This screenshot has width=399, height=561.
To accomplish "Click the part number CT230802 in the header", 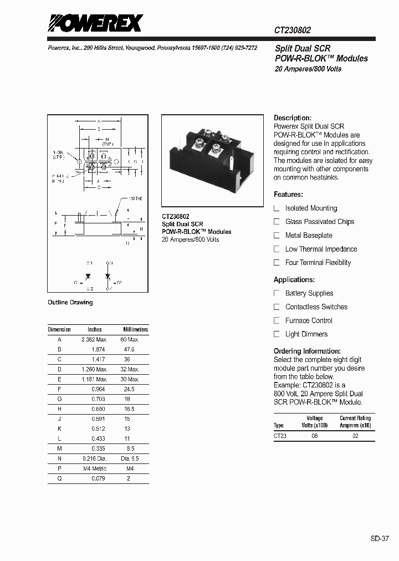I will pyautogui.click(x=296, y=32).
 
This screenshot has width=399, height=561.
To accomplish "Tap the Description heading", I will pyautogui.click(x=293, y=118).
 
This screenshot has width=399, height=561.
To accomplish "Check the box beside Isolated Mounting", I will pyautogui.click(x=277, y=208).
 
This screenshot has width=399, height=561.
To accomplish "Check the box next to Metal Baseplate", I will pyautogui.click(x=277, y=235).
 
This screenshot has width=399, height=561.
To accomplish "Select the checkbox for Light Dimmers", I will pyautogui.click(x=277, y=334).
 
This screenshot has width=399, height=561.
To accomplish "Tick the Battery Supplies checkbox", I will pyautogui.click(x=277, y=293).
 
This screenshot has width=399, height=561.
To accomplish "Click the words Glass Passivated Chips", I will pyautogui.click(x=320, y=222).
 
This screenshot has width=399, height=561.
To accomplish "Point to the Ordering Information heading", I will pyautogui.click(x=307, y=351).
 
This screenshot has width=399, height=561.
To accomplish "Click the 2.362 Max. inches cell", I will pyautogui.click(x=94, y=339).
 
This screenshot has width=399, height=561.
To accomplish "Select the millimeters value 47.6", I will pyautogui.click(x=129, y=350).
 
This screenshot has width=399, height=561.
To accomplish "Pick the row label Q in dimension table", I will pyautogui.click(x=59, y=478).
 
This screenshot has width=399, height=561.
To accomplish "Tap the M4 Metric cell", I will pyautogui.click(x=95, y=468).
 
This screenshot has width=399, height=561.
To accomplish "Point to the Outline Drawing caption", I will pyautogui.click(x=70, y=303).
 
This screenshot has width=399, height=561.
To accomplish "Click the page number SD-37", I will pyautogui.click(x=380, y=538).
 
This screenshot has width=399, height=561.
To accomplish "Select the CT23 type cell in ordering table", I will pyautogui.click(x=280, y=436).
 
